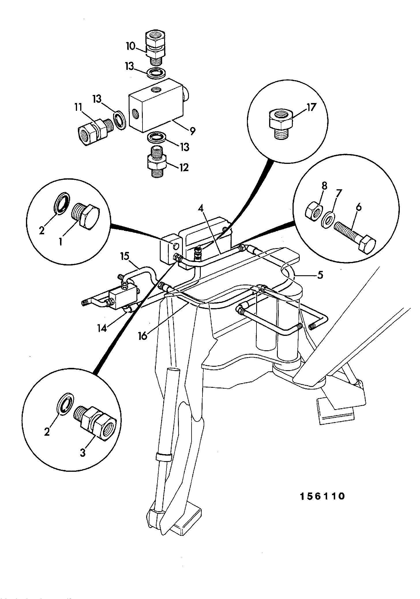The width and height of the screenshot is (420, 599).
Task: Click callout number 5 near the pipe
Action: (320, 275)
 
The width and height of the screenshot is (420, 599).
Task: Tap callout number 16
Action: (143, 336)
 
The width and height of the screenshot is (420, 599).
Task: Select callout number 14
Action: (103, 328)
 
